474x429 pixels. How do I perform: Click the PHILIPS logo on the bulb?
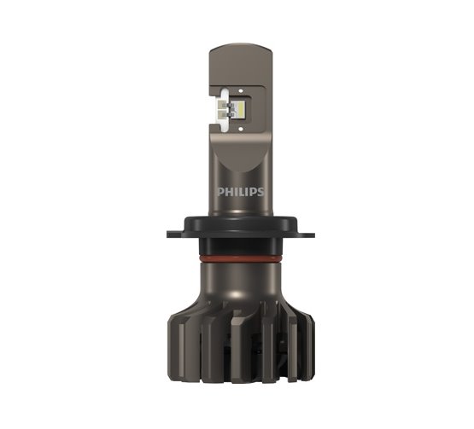(x=241, y=192)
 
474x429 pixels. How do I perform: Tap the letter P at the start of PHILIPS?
(x=220, y=192)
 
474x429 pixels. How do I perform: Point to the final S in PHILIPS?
(x=260, y=192)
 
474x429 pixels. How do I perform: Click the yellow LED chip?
(x=240, y=109)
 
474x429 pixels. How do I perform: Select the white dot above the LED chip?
(x=241, y=90)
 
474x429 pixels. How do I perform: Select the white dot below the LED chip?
(x=241, y=129)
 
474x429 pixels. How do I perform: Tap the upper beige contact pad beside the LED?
(x=222, y=105)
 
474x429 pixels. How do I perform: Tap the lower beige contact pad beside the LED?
(x=222, y=114)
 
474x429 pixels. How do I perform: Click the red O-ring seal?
(x=241, y=259)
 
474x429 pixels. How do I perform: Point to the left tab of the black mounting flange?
(x=175, y=235)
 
